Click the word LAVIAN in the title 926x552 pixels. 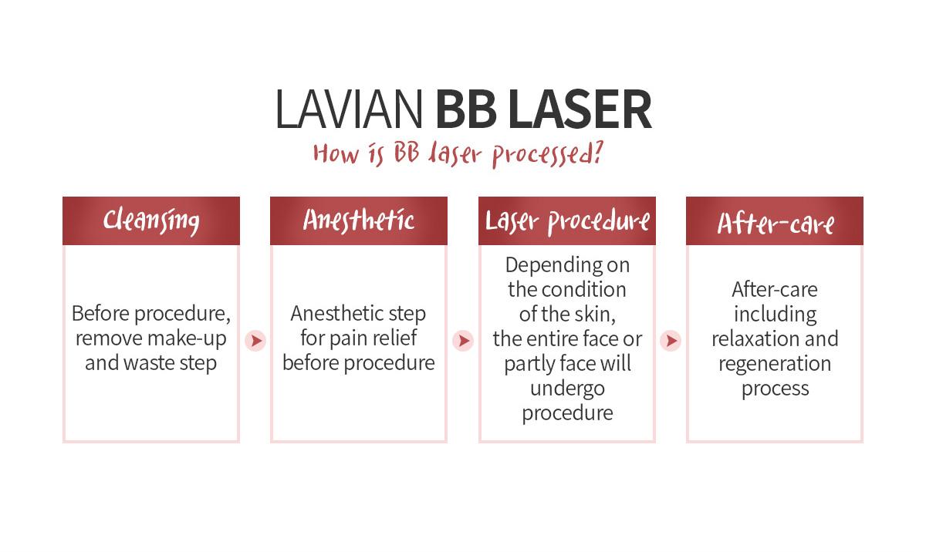tap(349, 109)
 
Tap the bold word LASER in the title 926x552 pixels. tap(580, 109)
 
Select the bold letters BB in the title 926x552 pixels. tap(466, 109)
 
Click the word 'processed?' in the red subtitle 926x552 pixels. tap(548, 154)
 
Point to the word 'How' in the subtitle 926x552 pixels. tap(336, 153)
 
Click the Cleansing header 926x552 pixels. tap(151, 221)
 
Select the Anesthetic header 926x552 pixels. tap(359, 221)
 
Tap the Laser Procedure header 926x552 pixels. tap(567, 221)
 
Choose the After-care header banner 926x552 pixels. tap(775, 221)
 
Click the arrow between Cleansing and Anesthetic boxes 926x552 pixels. tap(255, 341)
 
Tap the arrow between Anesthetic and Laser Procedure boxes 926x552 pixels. tap(463, 341)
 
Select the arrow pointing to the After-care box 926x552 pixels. tap(671, 341)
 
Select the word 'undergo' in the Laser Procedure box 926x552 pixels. tap(568, 389)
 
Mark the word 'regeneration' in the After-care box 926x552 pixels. tap(775, 364)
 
